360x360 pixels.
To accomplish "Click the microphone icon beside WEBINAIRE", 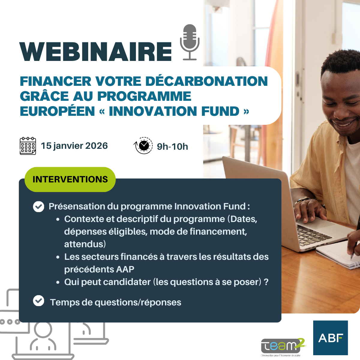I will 190,42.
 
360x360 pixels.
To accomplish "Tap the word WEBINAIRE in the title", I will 95,52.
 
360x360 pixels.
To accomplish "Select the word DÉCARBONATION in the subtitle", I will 207,81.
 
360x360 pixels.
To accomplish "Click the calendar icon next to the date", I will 28,146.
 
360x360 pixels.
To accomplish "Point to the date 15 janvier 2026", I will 74,146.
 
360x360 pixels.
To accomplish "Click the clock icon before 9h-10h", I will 143,146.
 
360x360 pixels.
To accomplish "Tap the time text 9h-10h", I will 172,146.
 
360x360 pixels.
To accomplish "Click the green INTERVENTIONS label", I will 70,179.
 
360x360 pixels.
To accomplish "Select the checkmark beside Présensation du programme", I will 38,206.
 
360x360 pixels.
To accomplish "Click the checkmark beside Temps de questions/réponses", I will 38,301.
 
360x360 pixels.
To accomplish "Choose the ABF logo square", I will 330,338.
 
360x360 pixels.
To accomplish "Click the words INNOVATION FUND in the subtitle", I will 174,111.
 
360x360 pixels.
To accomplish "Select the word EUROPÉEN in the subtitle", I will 57,111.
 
